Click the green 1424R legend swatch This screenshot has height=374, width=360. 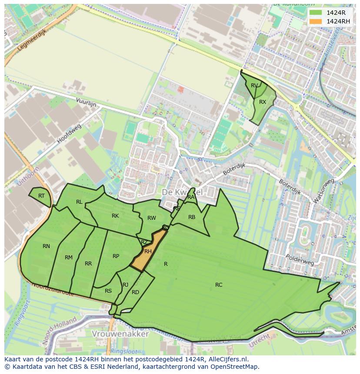coord(316,13)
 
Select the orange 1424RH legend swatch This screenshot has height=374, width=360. coord(316,21)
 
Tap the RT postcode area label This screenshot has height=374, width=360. coord(41,196)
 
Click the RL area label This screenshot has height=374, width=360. coord(79,202)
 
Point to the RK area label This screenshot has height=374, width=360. coord(115,216)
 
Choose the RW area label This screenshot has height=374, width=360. coord(151,218)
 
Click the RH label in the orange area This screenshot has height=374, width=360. coord(148,252)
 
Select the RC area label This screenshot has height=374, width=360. coord(219,285)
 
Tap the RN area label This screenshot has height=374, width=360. coord(46,246)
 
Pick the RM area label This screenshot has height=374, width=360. coord(69,258)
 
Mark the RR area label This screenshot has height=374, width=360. coord(88,264)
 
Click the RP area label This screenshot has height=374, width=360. coord(116,256)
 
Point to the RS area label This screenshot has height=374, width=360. coord(108,291)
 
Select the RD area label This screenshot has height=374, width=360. coord(135,292)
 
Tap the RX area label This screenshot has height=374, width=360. coord(263,102)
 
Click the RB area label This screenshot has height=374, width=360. coord(192,217)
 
